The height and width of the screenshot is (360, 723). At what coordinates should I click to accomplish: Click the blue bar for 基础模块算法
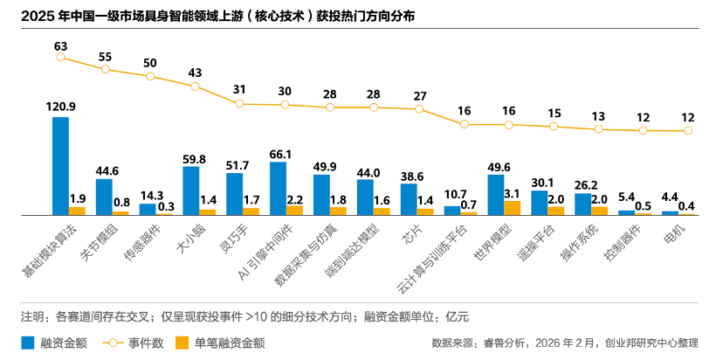60,165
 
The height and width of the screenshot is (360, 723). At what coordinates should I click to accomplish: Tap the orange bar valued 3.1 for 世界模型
513,208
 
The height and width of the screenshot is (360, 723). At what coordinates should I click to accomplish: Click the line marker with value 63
60,57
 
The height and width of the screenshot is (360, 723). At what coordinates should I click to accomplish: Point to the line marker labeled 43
195,86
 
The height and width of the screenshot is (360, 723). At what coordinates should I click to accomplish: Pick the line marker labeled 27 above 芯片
420,109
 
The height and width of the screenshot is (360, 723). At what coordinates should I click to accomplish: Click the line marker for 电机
688,131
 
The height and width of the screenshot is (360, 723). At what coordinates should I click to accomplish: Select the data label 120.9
60,107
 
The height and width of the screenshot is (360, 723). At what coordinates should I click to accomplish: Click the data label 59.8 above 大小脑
191,159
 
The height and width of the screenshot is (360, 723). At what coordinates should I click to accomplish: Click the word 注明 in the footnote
33,315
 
